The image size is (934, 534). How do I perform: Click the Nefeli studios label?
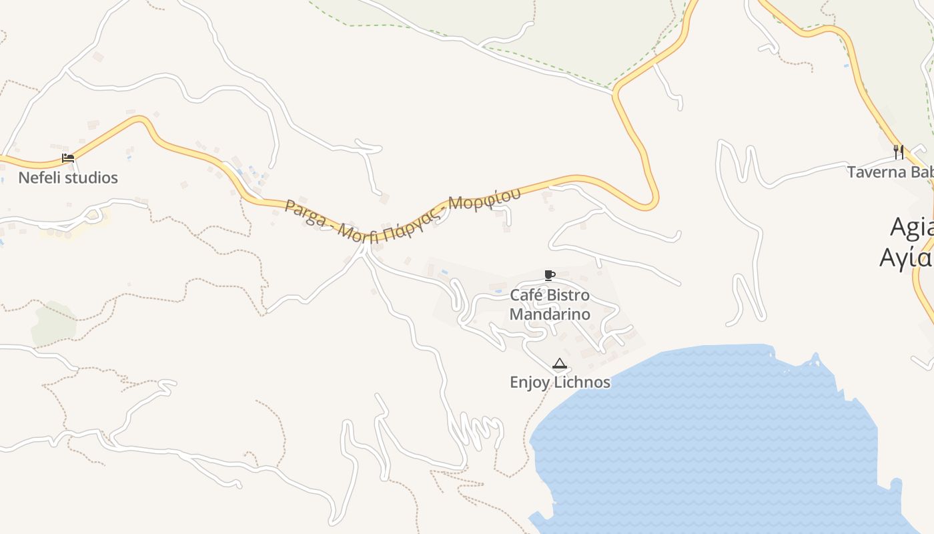point(68,178)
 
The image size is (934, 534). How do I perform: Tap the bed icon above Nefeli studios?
point(68,158)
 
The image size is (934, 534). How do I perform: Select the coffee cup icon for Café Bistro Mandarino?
point(550,275)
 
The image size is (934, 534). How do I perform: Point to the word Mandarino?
point(550,314)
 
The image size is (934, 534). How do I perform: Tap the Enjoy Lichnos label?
point(560,382)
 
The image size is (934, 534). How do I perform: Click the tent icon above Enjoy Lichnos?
point(559,364)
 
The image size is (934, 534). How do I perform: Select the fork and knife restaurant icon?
point(899,152)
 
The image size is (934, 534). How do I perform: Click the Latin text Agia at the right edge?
point(912,228)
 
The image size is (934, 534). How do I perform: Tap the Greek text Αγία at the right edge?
point(906,256)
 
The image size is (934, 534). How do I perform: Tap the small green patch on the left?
point(53,324)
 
